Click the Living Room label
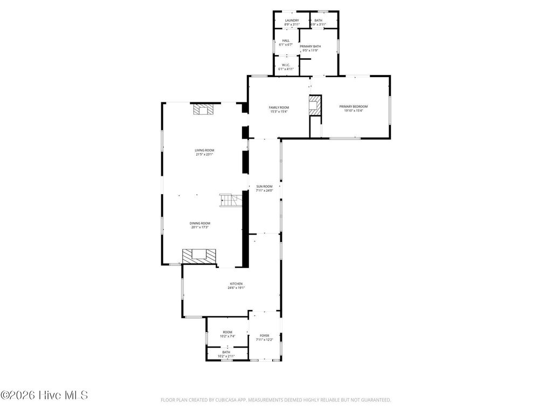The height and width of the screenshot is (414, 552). pos(205,150)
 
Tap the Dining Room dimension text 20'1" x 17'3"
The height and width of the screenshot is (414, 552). pos(200,227)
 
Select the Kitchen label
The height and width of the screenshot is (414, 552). pos(236,284)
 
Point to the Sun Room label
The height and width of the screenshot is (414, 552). pos(264,186)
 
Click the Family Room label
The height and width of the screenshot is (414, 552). pos(279,107)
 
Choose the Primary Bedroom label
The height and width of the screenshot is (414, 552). pos(354,107)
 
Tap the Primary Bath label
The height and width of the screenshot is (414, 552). pos(310,46)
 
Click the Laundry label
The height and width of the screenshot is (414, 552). pos(292,20)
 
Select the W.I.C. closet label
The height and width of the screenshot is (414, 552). pos(286,65)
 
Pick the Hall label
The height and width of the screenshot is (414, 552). pos(286,40)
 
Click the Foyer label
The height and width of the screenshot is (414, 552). pos(264,335)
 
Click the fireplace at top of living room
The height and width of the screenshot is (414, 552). pos(204,109)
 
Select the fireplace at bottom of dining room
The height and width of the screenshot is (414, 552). pos(198,255)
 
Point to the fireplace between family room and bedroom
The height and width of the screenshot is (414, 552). pos(314,105)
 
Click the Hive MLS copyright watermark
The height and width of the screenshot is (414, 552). pos(44,395)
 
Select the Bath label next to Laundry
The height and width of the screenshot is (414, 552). pos(318,20)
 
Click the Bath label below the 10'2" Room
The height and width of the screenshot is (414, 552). pos(226,352)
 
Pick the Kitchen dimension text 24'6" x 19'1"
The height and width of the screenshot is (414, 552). pos(236,288)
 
